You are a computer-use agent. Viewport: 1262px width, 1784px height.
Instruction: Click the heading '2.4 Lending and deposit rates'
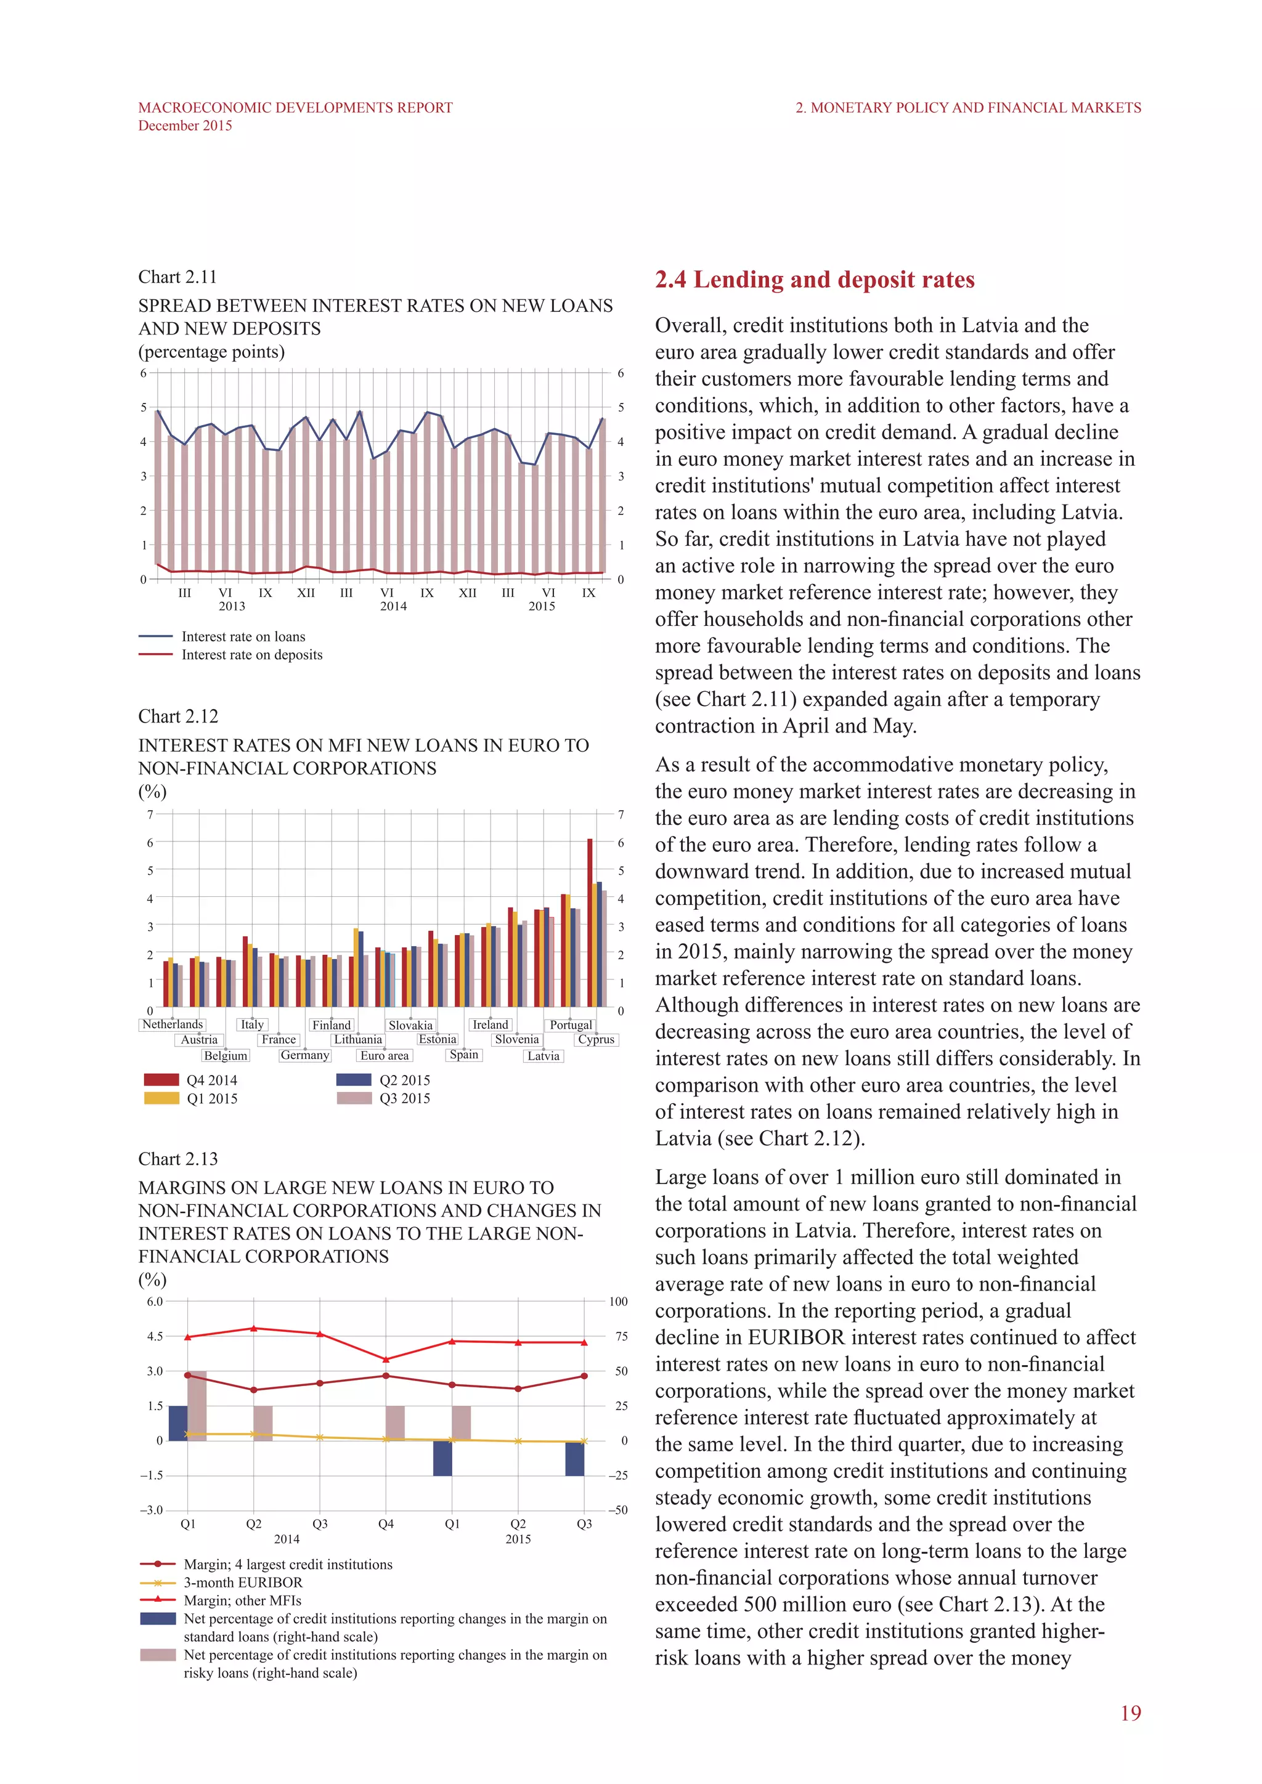click(x=815, y=280)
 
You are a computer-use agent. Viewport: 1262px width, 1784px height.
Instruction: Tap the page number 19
click(x=1130, y=1713)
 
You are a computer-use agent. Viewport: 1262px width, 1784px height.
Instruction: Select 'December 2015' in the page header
click(x=185, y=126)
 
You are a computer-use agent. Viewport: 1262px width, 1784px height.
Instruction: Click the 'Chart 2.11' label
click(x=177, y=277)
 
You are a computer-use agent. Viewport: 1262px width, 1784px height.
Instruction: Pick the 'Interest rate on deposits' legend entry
click(x=251, y=655)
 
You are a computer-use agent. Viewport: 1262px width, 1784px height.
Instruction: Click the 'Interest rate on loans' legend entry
click(x=243, y=637)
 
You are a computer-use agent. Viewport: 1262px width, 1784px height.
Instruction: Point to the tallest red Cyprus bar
click(x=590, y=922)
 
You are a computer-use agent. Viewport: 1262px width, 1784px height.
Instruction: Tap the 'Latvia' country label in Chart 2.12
click(x=543, y=1056)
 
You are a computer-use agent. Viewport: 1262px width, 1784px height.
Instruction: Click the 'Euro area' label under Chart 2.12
click(x=384, y=1056)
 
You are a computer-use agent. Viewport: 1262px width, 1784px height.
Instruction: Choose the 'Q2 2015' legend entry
click(x=404, y=1080)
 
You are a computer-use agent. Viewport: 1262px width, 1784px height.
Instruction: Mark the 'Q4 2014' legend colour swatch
click(x=161, y=1080)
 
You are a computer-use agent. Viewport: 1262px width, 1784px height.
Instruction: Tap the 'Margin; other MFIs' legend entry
click(x=242, y=1600)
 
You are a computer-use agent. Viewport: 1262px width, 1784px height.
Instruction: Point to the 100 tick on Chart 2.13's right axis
click(x=618, y=1302)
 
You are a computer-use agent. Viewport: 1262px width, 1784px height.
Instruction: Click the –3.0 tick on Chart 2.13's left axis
click(x=152, y=1510)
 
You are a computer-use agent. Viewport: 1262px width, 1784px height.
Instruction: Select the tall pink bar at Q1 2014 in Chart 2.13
click(x=197, y=1406)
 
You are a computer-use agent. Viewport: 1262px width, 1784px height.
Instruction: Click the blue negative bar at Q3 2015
click(x=574, y=1459)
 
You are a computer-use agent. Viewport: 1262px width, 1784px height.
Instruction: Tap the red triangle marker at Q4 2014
click(x=386, y=1360)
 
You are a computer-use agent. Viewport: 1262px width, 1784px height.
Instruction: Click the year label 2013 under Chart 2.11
click(x=232, y=606)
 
